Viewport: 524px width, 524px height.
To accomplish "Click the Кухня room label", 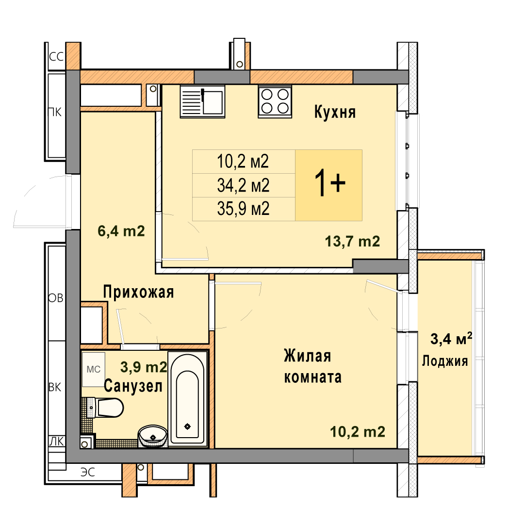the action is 335,112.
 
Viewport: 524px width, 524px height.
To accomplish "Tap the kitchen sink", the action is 202,101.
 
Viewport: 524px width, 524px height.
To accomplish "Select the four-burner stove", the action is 275,101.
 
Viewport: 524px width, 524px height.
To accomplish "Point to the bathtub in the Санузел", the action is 187,399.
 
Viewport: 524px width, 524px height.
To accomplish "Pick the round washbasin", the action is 153,436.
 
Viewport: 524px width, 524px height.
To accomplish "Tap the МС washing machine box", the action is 94,369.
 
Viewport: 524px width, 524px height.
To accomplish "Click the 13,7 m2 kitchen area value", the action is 353,241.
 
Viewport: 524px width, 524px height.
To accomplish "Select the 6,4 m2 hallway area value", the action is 121,231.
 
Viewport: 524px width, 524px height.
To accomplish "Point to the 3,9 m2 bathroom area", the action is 144,367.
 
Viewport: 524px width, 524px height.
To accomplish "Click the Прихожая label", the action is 138,292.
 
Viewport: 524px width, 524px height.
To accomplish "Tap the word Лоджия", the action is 445,361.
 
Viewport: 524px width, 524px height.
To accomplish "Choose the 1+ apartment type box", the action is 329,185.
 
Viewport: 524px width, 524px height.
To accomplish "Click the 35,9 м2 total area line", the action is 243,209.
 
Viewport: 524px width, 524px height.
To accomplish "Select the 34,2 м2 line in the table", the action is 243,185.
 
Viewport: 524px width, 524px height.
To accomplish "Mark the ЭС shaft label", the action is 88,472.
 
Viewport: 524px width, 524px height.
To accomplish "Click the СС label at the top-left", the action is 56,57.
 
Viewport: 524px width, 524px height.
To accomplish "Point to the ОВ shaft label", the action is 56,298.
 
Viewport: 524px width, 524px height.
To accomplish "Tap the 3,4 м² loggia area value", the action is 451,339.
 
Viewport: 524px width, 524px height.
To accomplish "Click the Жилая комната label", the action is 313,366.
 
